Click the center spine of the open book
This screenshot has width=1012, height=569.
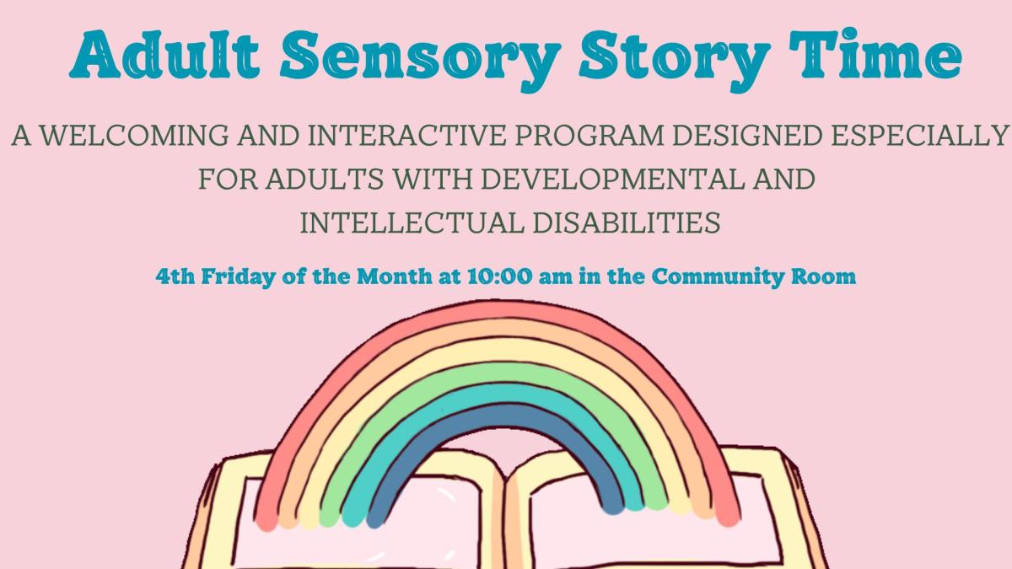[x=505, y=514]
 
